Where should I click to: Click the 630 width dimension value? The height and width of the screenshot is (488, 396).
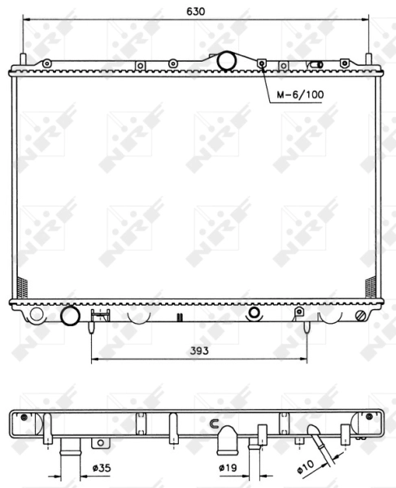point(196,11)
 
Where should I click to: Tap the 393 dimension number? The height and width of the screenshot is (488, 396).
point(199,351)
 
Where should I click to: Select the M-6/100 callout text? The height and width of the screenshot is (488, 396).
point(300,94)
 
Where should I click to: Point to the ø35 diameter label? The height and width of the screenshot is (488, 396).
point(102,468)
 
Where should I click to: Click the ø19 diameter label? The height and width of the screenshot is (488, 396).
point(228,468)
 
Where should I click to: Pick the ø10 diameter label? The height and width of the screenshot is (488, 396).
point(306,467)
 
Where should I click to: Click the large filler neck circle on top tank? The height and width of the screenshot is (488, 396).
point(226,61)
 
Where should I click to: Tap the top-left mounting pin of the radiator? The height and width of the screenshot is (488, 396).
point(23,59)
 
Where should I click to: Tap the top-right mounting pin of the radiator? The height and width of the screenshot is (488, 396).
point(368,59)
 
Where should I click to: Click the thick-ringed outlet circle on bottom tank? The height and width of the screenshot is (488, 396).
point(70,316)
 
